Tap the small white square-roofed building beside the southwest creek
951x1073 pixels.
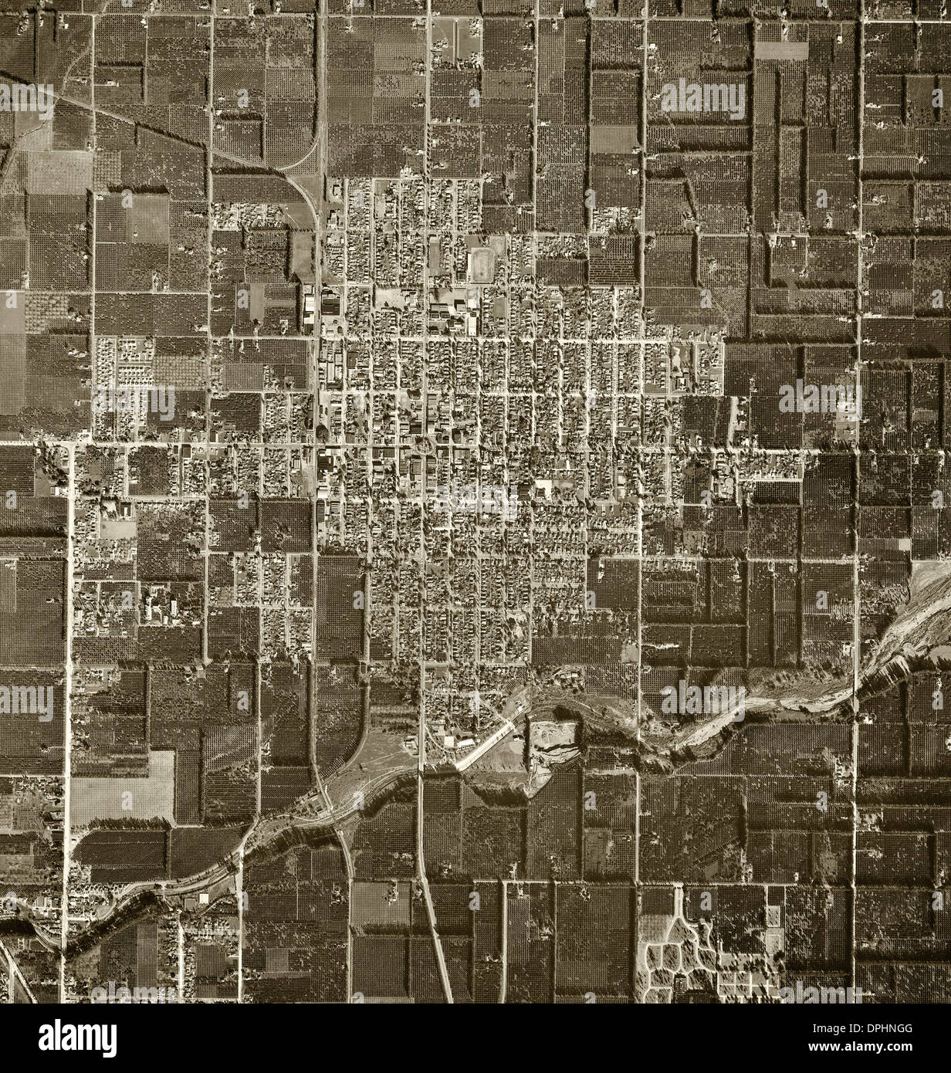pos(205,899)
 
